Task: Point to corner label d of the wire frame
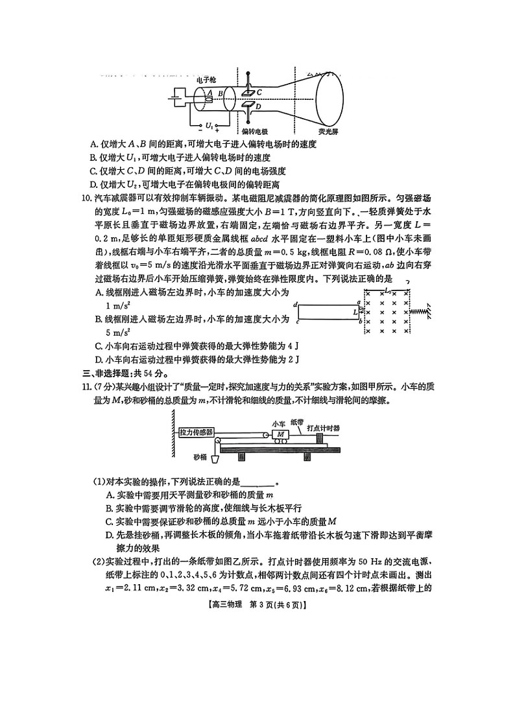point(295,304)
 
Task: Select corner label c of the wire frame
point(296,321)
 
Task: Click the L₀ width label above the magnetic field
point(387,291)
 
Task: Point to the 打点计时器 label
point(324,428)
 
